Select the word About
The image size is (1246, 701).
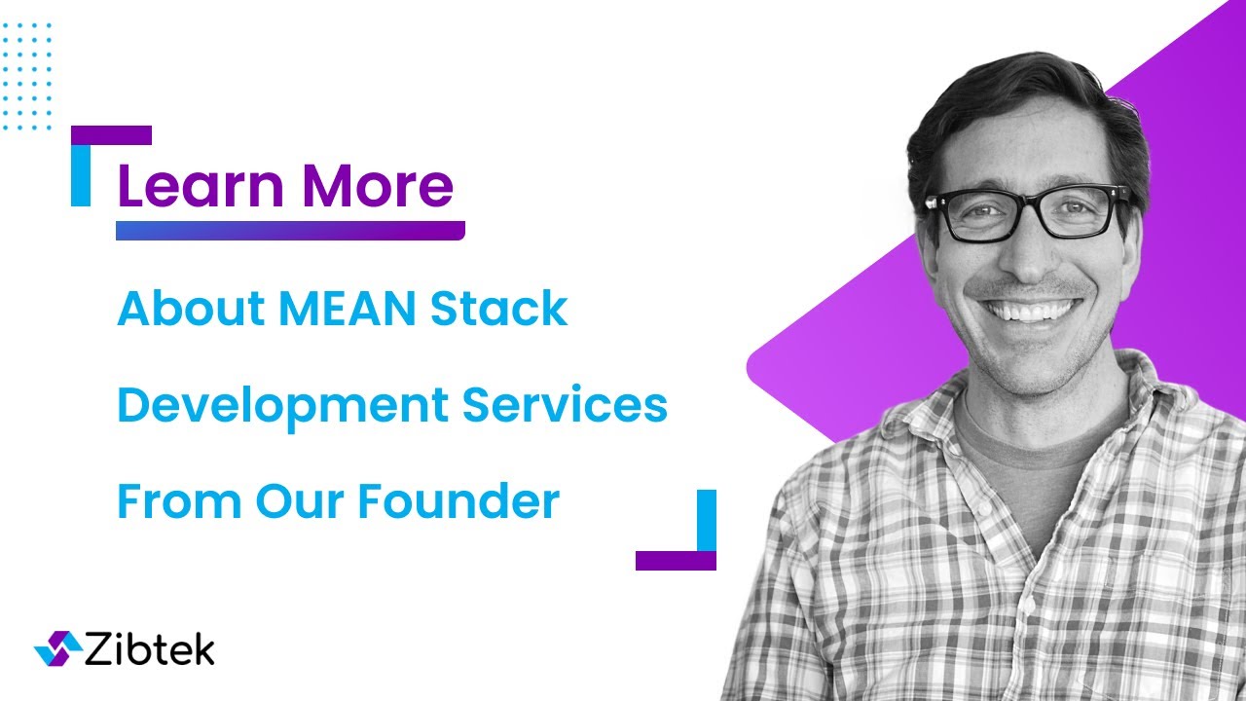click(190, 309)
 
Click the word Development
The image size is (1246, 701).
click(281, 406)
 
